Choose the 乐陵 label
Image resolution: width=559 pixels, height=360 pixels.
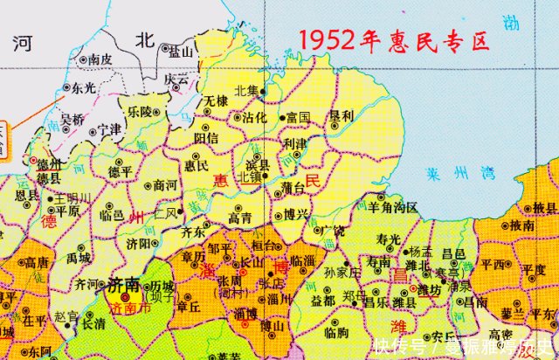pos(138,112)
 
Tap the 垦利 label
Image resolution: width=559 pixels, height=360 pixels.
pos(341,115)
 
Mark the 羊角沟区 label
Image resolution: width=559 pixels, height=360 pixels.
pos(393,207)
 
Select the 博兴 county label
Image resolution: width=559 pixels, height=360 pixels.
pos(295,213)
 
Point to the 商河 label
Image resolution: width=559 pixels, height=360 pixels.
pos(164,185)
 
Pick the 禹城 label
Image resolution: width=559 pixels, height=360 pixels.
pos(79,259)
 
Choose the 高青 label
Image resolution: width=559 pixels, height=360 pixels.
pos(241,218)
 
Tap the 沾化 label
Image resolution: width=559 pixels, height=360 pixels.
pos(254,116)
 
